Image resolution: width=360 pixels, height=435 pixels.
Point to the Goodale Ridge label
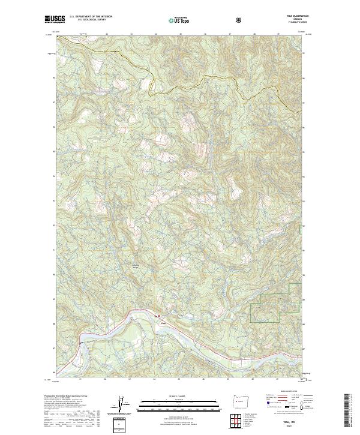tap(136, 267)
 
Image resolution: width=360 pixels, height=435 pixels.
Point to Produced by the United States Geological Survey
tap(66, 397)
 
